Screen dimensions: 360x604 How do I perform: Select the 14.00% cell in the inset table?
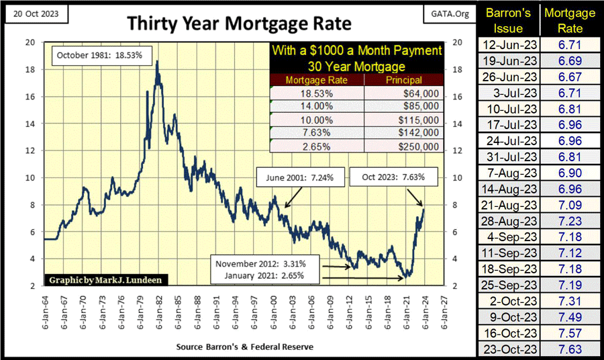coord(315,105)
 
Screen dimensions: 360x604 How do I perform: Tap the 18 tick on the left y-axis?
coord(30,69)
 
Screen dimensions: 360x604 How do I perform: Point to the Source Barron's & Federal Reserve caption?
coord(244,347)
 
